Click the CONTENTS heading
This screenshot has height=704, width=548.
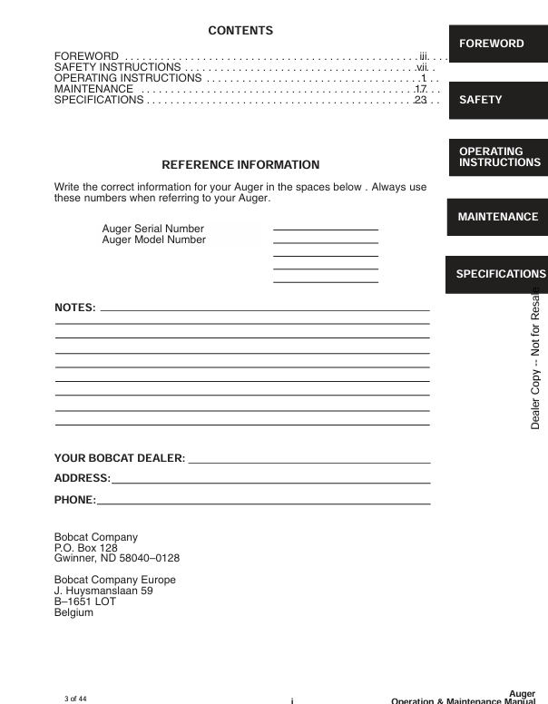point(240,31)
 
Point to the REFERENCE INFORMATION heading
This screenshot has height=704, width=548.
point(240,165)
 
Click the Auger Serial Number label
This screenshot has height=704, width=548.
point(153,229)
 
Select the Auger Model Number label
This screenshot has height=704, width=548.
point(154,240)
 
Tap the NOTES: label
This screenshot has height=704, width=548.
point(75,308)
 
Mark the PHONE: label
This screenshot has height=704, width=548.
point(74,499)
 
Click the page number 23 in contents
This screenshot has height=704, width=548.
point(420,100)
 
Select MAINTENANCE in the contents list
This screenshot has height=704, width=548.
point(94,89)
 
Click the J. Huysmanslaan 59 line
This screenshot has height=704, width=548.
point(103,591)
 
